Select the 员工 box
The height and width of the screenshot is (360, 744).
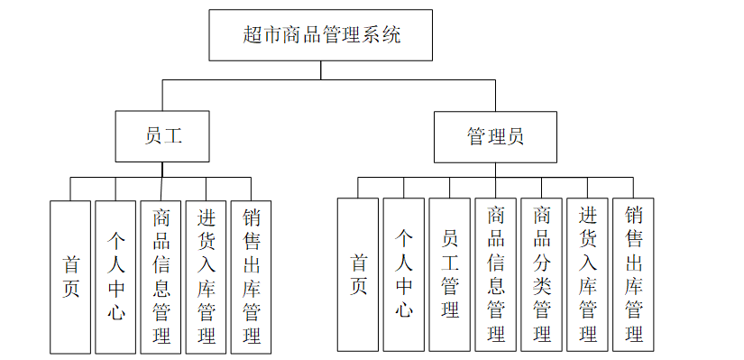click(x=162, y=137)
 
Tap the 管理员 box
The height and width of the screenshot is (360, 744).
click(x=494, y=137)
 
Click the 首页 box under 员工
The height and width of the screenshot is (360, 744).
click(x=70, y=276)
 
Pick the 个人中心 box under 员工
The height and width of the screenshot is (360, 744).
click(x=115, y=276)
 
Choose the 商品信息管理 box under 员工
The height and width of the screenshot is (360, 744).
click(x=161, y=276)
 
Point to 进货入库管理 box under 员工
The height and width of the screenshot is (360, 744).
click(x=207, y=276)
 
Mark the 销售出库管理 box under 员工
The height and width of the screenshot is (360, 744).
click(x=252, y=276)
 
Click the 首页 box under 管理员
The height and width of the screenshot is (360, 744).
click(x=358, y=274)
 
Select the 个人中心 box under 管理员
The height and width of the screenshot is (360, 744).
click(x=404, y=274)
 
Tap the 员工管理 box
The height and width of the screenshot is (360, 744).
click(x=450, y=274)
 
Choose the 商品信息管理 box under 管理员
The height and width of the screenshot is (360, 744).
click(x=496, y=274)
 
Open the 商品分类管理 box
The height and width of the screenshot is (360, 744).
click(x=542, y=274)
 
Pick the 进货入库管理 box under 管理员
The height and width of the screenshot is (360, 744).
click(x=588, y=274)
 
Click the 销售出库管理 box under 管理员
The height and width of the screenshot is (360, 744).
click(x=634, y=274)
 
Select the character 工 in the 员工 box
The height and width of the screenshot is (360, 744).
click(x=173, y=137)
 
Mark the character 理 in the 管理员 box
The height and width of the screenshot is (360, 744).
click(x=495, y=137)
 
